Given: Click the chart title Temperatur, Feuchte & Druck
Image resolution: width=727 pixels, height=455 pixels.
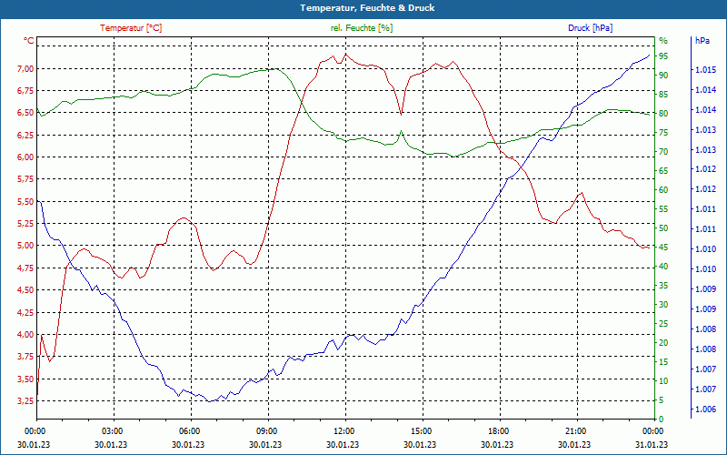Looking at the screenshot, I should (363, 7).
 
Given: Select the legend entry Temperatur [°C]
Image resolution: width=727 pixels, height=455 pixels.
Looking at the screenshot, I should (131, 28).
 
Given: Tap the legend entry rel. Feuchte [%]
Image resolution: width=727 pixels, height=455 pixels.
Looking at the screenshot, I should (362, 28).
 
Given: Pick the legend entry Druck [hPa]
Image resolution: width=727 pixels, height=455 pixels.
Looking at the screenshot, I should (591, 28).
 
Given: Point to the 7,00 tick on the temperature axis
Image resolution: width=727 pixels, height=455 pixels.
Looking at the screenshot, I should (25, 69).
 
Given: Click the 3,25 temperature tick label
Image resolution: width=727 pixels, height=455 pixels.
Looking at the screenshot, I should (25, 401).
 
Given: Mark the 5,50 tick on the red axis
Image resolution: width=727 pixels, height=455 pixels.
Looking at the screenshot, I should (25, 202).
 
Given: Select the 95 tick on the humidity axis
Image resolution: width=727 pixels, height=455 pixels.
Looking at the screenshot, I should (664, 56).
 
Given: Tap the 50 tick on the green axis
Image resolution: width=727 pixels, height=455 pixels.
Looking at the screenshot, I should (664, 228).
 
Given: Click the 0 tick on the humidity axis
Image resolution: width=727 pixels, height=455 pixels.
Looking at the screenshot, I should (662, 420).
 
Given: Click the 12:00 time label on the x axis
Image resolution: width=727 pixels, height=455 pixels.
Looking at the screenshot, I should (344, 430).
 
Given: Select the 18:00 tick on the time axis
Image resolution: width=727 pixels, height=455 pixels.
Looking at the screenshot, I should (498, 430).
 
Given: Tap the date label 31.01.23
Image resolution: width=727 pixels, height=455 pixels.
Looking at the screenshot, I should (652, 443).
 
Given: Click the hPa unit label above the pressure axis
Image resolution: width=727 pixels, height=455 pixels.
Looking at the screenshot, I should (702, 41).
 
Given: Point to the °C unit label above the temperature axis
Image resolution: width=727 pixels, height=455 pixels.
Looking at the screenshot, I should (29, 41).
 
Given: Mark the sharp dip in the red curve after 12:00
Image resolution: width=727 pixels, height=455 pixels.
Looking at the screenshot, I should (401, 115).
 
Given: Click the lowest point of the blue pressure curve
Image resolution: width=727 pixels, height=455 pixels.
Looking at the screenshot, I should (209, 401).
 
